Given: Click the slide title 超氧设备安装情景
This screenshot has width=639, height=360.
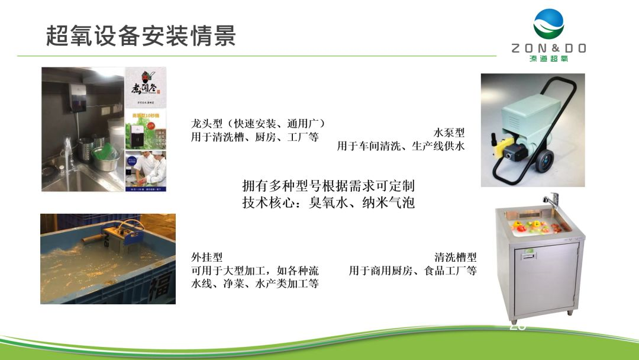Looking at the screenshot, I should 141,36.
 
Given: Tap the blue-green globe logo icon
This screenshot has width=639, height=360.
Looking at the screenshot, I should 548,24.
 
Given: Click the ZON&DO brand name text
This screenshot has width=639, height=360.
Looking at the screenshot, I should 548,49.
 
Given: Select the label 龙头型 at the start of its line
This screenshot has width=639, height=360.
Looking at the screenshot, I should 205,124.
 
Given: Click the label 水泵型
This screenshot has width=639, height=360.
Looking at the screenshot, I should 449,133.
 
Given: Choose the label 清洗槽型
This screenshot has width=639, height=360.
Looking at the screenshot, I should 455,258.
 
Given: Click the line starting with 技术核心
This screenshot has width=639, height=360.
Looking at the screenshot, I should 328,202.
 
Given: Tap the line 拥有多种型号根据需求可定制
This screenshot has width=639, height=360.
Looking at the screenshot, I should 328,185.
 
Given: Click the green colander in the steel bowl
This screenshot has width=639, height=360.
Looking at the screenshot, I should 104,154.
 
